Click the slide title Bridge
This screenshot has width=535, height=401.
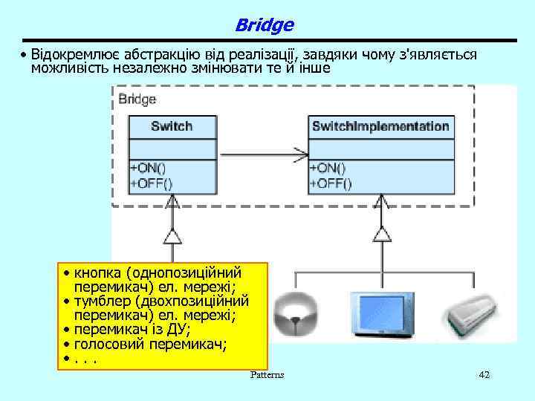(264, 25)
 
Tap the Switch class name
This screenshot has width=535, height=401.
(172, 126)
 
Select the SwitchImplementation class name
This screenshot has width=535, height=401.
(380, 126)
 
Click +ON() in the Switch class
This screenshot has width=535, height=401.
(149, 168)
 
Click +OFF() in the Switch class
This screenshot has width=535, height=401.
(151, 182)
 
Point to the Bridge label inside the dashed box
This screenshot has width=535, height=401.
(137, 99)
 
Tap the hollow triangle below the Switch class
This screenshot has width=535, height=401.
(172, 236)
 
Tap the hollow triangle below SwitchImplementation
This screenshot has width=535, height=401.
(381, 235)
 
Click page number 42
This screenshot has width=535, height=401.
(484, 375)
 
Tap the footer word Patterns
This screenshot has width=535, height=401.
(267, 375)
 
